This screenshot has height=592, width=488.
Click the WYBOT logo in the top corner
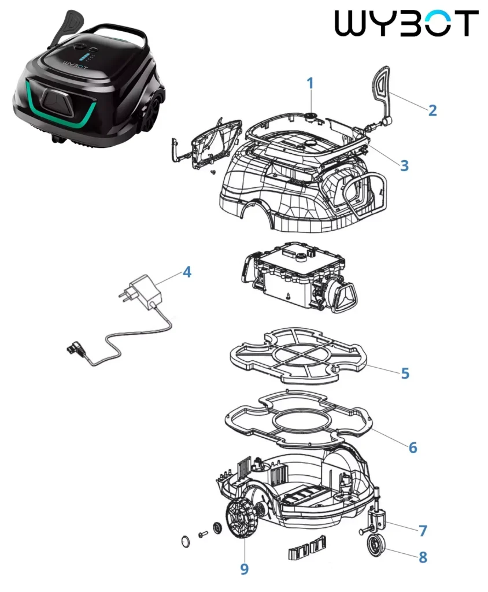(x=407, y=23)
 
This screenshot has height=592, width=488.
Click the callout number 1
(x=310, y=83)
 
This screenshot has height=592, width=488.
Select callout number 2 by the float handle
(x=432, y=110)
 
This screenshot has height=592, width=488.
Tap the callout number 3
(x=404, y=165)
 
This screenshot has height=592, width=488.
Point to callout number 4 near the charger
(x=187, y=272)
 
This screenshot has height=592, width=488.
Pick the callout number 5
(x=405, y=373)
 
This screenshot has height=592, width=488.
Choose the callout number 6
(x=413, y=447)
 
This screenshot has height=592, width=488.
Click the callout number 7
(x=423, y=531)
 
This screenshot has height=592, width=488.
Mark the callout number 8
(x=423, y=557)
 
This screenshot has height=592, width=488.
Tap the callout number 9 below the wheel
(x=245, y=569)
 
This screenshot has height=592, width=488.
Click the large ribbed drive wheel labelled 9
(x=240, y=520)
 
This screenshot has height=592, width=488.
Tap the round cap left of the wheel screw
(x=186, y=542)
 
